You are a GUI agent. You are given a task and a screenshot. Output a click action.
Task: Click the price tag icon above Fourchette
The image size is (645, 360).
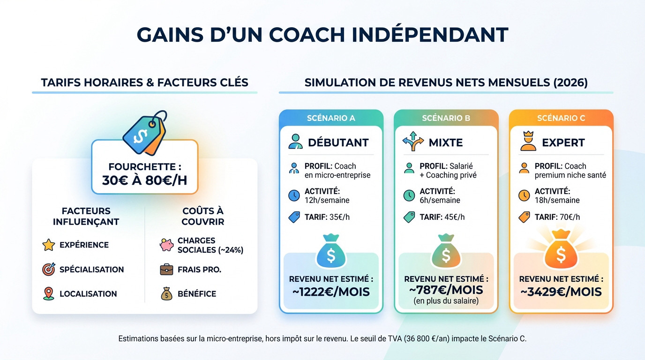[x=144, y=133]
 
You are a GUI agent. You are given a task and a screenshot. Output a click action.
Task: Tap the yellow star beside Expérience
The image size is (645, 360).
[x=48, y=245]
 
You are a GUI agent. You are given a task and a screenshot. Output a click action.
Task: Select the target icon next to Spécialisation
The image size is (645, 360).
[x=49, y=269]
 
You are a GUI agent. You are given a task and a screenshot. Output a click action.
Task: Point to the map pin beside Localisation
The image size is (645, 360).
[x=49, y=294]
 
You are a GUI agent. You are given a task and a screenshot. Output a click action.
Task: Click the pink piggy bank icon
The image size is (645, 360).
[x=167, y=245]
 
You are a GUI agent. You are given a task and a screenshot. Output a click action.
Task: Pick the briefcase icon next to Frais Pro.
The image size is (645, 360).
[x=166, y=270]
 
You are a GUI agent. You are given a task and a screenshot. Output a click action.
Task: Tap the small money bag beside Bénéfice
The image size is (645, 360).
[x=167, y=294]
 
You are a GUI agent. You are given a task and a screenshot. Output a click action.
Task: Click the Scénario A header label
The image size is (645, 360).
[x=331, y=118]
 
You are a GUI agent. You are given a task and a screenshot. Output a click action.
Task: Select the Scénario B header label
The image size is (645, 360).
[x=446, y=118]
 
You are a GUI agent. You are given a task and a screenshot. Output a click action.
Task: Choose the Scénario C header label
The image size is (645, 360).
[x=561, y=118]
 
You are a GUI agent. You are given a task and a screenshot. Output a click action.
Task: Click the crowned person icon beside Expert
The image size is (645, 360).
[x=528, y=141]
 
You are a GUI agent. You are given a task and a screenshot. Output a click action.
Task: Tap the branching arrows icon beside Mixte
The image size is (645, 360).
[x=413, y=141]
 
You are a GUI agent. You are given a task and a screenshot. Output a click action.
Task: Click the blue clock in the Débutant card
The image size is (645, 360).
[x=294, y=195]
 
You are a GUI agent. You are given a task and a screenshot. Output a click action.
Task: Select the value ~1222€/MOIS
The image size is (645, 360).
[x=331, y=292]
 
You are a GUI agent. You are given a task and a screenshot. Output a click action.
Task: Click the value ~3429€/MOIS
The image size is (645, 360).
[x=561, y=292]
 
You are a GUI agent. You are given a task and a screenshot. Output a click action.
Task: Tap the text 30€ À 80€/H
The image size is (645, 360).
[x=144, y=180]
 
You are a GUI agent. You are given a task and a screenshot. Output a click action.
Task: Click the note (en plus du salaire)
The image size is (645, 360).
[x=446, y=301]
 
